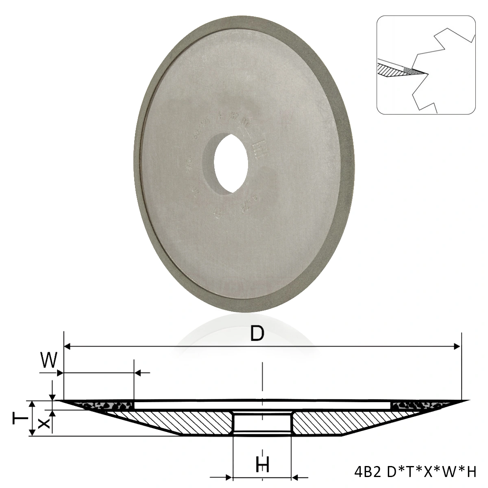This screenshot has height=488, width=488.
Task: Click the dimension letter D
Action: [257, 334]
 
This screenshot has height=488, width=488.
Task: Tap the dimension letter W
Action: [48, 360]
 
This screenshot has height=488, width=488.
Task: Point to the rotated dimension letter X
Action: [45, 423]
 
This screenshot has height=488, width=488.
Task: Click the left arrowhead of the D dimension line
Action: [68, 346]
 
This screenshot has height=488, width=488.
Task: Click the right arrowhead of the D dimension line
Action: [457, 346]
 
